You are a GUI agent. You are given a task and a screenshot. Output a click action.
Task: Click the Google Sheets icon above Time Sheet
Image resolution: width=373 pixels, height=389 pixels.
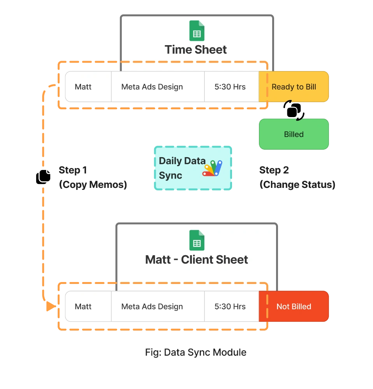pos(197,31)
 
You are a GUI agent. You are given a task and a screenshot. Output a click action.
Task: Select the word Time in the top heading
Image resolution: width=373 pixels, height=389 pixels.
pos(178,50)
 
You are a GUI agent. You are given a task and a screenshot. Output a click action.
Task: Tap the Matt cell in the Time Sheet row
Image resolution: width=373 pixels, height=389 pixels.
pos(83,87)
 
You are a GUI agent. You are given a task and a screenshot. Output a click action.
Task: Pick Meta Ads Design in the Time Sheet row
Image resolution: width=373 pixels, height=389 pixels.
pos(152,87)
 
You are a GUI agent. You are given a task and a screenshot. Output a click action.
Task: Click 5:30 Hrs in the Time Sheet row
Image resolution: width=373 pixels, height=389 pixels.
pos(230,87)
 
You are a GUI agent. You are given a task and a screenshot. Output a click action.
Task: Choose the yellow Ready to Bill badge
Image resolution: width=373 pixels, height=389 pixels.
pos(294,87)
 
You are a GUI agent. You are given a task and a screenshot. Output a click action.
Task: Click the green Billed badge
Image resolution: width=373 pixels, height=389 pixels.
pos(294,134)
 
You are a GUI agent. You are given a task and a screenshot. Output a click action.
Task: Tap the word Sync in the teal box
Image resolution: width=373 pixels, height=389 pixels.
pos(171,175)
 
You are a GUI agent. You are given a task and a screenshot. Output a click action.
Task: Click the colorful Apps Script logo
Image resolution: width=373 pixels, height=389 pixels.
pos(212,168)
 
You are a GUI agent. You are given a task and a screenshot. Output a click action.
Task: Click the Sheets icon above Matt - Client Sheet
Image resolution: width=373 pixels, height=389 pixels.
pos(197,240)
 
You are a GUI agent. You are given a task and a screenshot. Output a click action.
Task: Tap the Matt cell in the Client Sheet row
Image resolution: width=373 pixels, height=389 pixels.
pos(83,307)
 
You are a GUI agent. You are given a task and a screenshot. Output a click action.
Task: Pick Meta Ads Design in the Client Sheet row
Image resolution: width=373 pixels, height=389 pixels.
pos(152,307)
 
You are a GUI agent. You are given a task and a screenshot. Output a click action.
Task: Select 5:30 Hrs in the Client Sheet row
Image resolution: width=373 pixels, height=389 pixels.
pos(230,307)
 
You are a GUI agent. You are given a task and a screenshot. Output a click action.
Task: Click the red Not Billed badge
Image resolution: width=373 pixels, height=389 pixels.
pos(294,307)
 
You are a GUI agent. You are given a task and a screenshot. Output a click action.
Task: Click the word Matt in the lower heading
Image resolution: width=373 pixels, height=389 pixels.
pos(158,260)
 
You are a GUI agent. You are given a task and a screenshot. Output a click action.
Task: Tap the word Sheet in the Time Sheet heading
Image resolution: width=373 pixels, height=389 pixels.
pos(211,50)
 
